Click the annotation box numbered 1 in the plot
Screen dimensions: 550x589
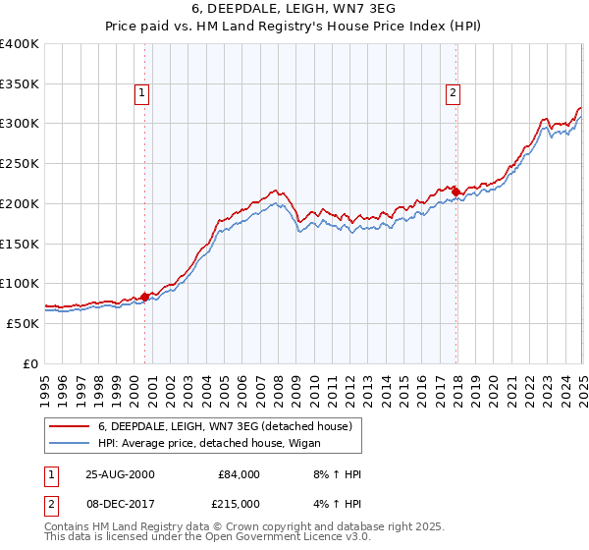point(142,94)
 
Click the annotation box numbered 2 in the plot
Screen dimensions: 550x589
point(454,94)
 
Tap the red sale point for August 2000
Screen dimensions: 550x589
point(145,296)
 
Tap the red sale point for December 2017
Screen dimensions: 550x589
point(455,190)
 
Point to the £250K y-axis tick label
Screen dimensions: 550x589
point(20,164)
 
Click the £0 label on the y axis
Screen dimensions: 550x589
point(31,363)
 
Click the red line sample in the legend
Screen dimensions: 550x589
point(70,426)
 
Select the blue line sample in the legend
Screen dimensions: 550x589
point(70,443)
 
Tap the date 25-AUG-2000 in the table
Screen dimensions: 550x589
point(121,474)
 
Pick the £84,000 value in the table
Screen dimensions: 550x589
point(239,474)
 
